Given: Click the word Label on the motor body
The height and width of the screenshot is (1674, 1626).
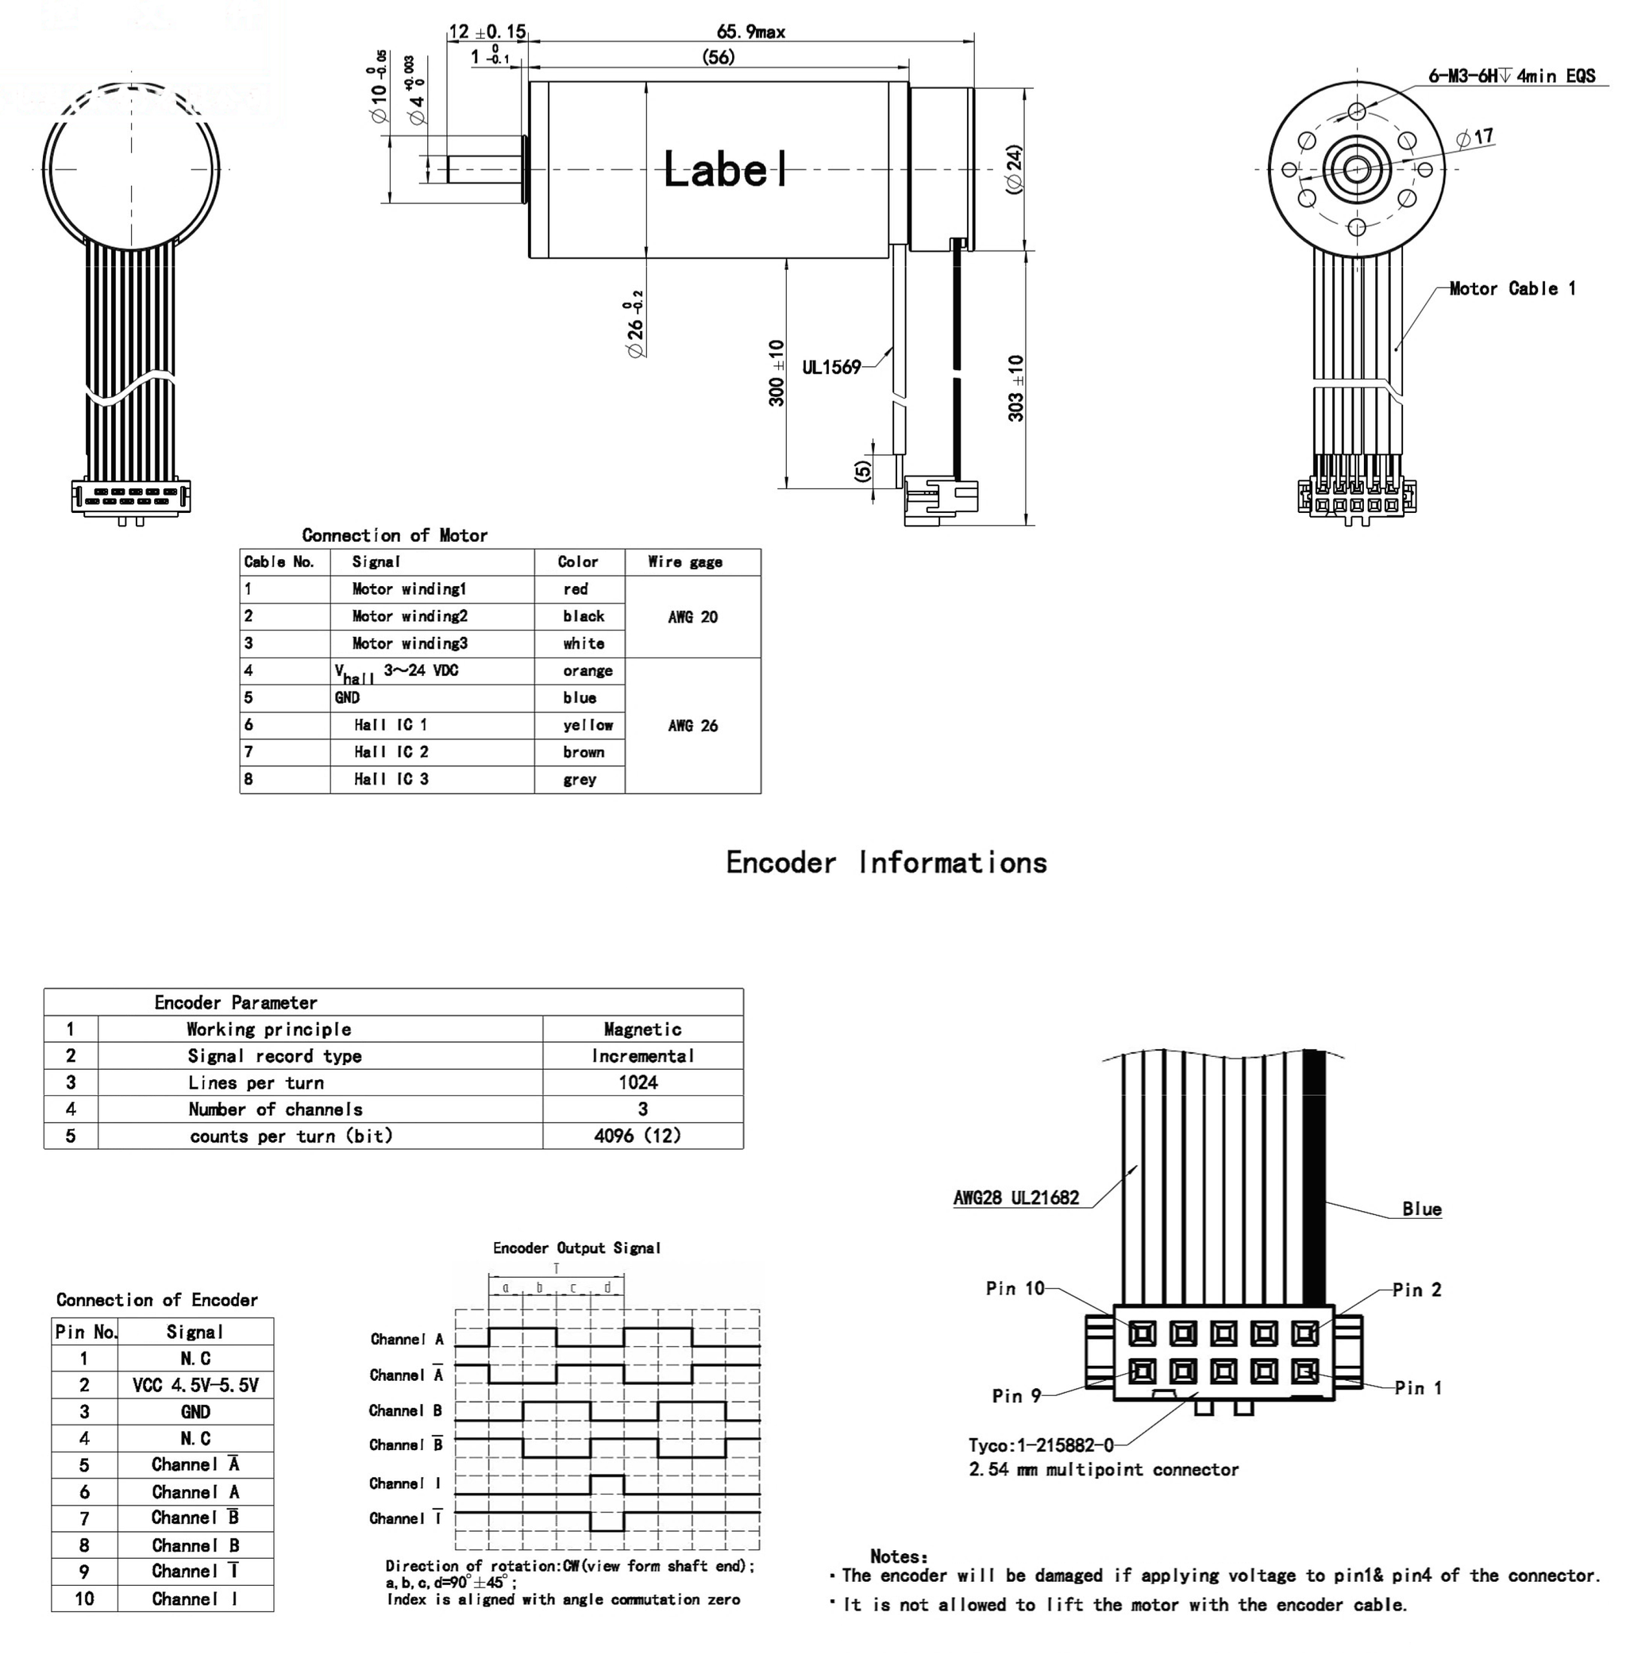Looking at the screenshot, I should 724,169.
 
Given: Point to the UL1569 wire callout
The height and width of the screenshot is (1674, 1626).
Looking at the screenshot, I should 831,367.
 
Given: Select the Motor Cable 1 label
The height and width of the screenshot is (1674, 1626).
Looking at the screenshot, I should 1512,289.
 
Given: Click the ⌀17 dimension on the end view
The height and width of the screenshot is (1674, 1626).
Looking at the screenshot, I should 1475,137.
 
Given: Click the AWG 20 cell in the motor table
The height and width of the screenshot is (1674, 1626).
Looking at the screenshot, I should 692,617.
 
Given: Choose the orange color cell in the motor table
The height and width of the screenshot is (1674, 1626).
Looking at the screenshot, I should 588,670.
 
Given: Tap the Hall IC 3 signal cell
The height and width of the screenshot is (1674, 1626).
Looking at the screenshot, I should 391,779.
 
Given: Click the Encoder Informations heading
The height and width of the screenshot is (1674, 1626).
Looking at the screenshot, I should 887,862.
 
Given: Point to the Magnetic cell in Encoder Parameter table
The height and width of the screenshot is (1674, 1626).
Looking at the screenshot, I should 642,1029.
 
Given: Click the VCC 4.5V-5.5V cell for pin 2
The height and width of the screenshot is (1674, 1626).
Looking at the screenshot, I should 195,1385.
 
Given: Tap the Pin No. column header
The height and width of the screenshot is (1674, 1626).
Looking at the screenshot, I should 86,1333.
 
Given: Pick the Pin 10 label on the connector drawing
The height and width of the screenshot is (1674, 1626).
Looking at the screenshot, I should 1015,1288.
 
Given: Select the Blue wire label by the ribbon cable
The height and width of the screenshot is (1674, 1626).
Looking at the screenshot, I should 1421,1209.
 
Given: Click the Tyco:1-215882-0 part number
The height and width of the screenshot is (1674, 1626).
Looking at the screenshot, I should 1040,1445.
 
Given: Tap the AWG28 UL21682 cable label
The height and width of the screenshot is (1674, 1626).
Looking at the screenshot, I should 1016,1198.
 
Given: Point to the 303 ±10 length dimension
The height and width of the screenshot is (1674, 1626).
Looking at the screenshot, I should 1015,388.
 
